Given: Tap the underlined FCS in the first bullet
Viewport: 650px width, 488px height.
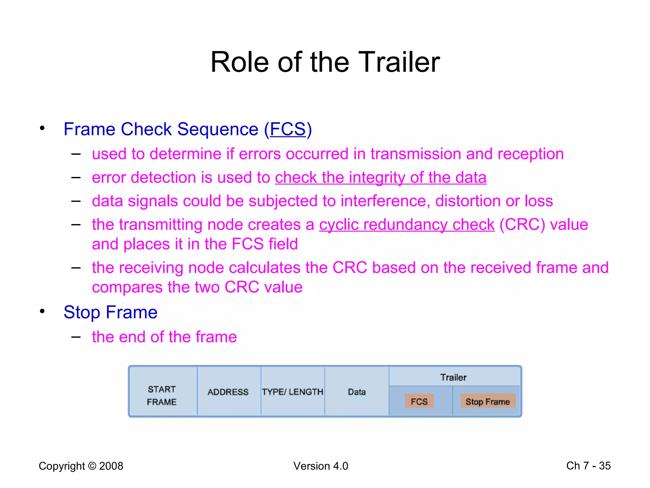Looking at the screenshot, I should tap(288, 129).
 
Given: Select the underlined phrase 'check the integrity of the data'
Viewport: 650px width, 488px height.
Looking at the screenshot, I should tap(381, 178).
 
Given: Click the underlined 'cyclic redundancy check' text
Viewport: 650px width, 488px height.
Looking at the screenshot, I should tap(407, 225).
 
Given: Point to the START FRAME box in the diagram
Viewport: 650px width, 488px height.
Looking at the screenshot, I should tap(162, 396).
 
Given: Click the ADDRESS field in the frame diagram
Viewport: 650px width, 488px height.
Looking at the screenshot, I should tap(228, 392).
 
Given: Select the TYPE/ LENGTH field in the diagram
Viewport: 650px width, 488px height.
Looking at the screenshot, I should tap(293, 392).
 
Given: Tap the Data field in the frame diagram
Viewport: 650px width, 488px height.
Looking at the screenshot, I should tap(357, 392).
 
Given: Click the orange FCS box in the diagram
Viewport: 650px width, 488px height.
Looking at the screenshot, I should tap(419, 402).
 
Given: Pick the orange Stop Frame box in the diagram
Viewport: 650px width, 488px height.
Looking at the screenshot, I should tap(487, 402).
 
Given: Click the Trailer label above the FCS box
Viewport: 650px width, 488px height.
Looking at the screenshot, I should tap(453, 377).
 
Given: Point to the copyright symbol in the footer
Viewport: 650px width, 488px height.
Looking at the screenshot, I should tap(92, 466).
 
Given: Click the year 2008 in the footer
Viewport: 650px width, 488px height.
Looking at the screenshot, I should tap(111, 466).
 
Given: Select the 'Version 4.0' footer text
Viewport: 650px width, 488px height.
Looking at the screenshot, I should tap(321, 466).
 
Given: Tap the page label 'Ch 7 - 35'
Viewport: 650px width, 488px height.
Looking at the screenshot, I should tap(588, 466).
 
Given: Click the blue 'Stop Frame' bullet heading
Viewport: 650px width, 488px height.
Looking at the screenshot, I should tap(110, 312).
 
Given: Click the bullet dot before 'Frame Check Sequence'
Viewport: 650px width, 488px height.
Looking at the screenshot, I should tap(42, 128).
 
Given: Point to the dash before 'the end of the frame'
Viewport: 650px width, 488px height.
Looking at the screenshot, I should tap(76, 337).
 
